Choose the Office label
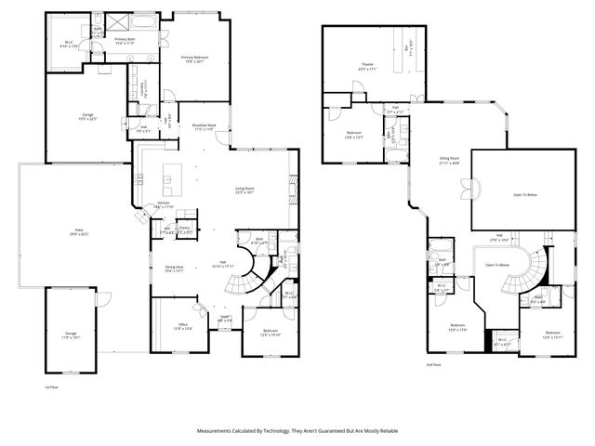(x=183, y=326)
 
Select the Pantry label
(x=185, y=229)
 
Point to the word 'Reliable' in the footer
(x=388, y=430)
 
